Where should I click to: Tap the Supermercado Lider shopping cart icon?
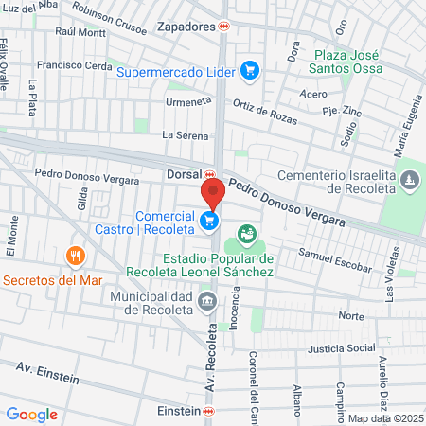[250, 69]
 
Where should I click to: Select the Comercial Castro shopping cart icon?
[209, 222]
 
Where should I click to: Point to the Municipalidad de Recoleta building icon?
[207, 303]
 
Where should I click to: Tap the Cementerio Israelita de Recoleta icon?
[408, 179]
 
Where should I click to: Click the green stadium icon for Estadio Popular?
[248, 233]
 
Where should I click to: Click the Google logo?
[31, 414]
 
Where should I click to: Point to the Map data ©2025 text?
[385, 418]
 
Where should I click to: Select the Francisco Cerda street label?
[74, 66]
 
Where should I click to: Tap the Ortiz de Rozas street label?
[264, 106]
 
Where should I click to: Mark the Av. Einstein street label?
[46, 372]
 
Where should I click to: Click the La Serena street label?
[183, 134]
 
